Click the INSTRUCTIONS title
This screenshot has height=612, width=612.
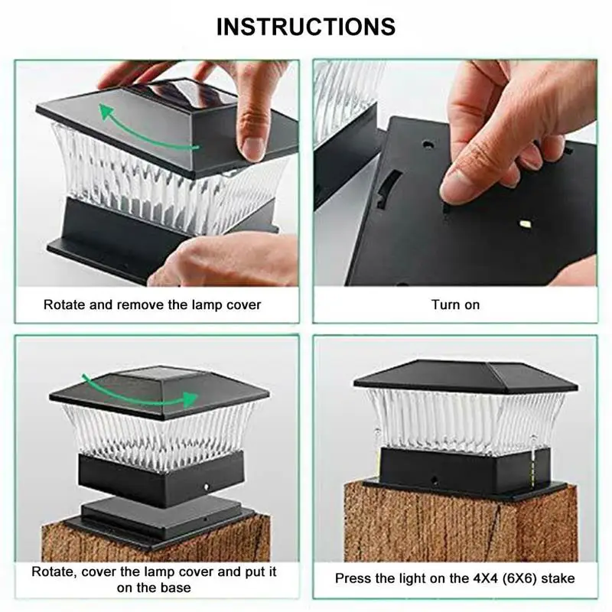click(x=306, y=27)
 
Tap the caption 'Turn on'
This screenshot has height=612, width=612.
click(x=455, y=304)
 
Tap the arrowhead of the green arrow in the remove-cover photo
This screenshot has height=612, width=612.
click(x=105, y=110)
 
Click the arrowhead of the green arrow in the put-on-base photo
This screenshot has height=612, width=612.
click(x=190, y=399)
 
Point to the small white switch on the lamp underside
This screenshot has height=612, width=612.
click(x=526, y=224)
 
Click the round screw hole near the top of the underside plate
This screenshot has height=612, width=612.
click(x=428, y=145)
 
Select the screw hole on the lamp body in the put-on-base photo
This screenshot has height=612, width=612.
click(x=207, y=487)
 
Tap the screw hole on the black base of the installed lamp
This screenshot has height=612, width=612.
click(x=434, y=479)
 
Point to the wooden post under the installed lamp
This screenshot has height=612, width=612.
click(x=461, y=523)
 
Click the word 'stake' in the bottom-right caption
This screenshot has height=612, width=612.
click(x=558, y=578)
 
